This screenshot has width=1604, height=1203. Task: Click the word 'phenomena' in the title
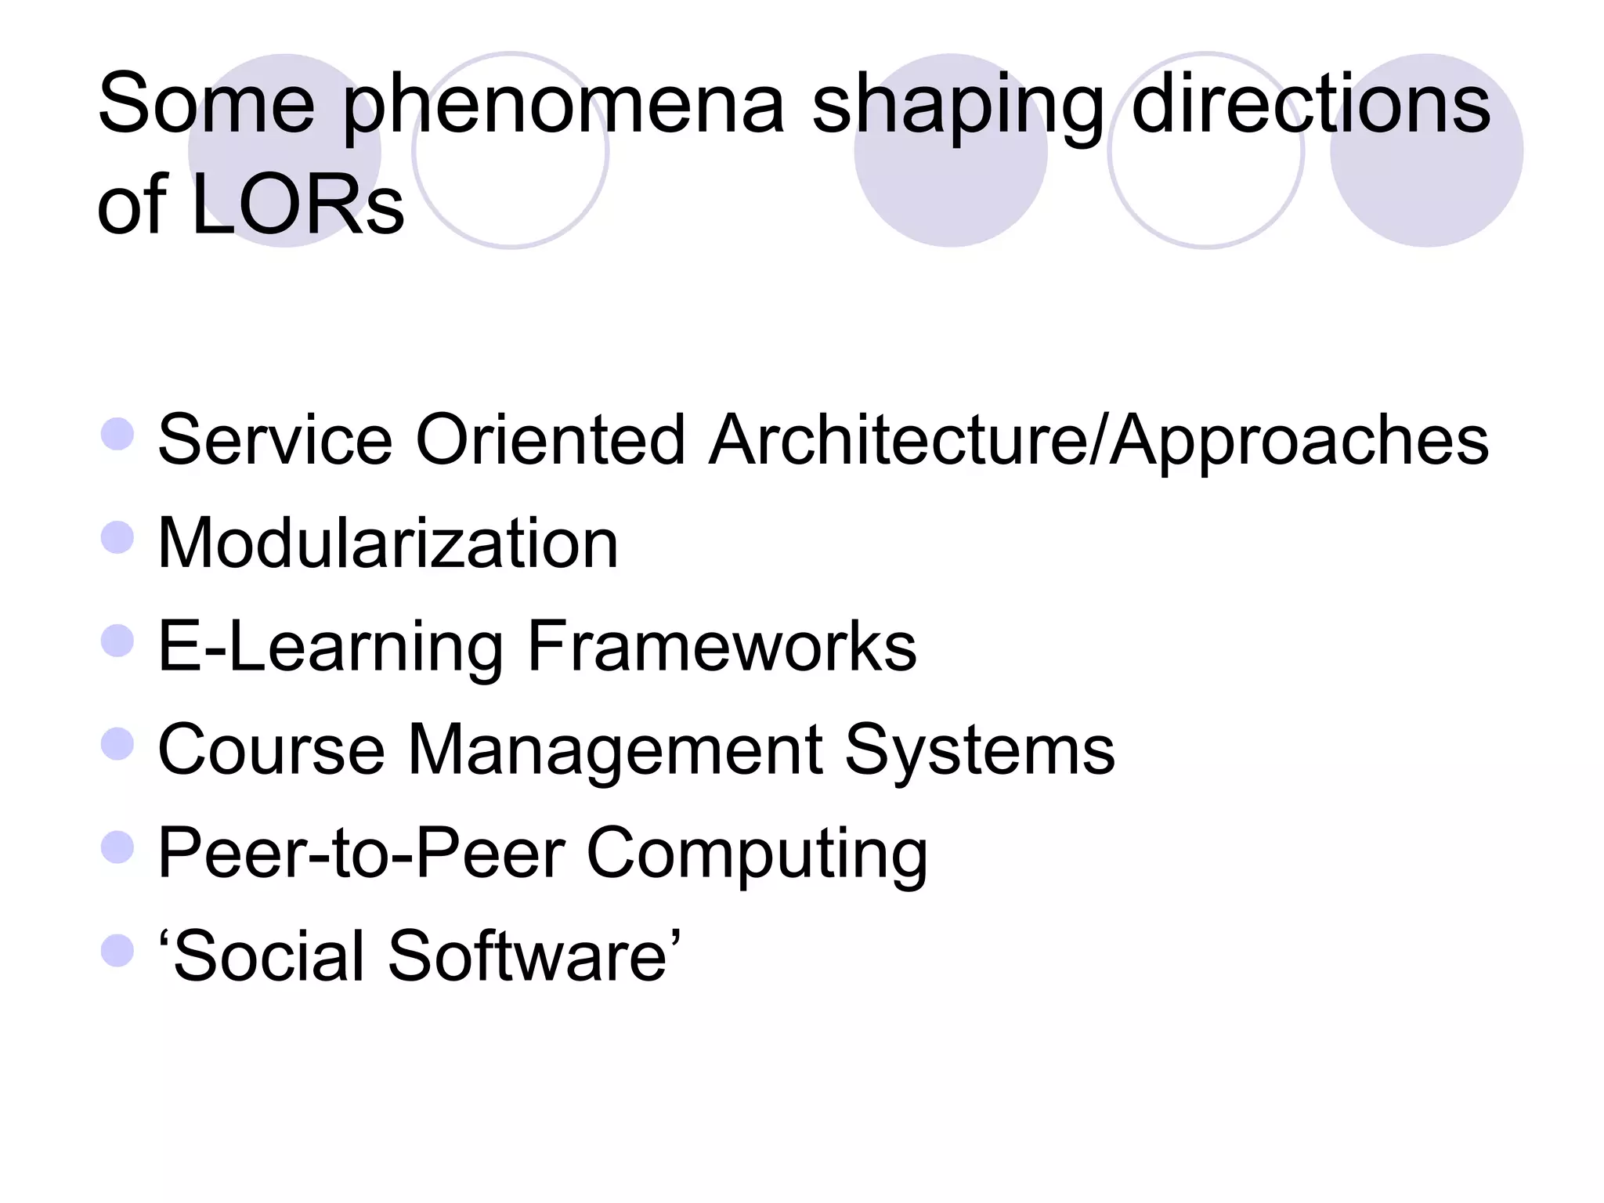[x=563, y=106]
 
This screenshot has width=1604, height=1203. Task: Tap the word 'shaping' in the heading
[x=958, y=106]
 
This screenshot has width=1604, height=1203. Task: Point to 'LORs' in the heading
[x=298, y=205]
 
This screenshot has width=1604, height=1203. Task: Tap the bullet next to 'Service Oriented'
[x=117, y=434]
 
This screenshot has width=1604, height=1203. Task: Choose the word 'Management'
[x=615, y=750]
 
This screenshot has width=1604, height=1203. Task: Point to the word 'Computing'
[x=757, y=854]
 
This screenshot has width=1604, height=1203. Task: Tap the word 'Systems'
[x=980, y=750]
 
